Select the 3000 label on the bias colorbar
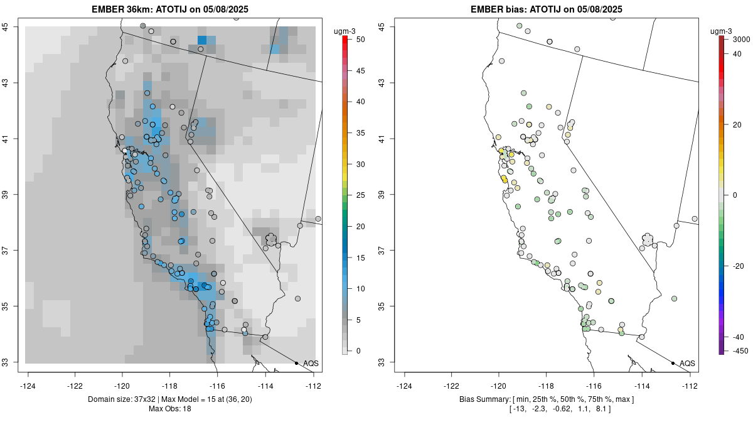point(741,40)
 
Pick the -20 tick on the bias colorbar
point(739,266)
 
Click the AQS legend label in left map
point(311,363)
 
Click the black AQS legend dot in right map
point(673,363)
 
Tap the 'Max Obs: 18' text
point(169,409)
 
